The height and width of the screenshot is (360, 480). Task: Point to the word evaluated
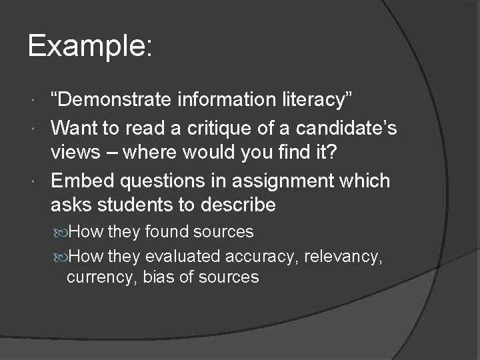click(184, 255)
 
